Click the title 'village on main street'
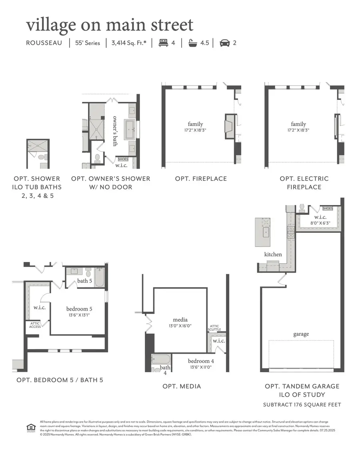[110, 25]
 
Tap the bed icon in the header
[163, 43]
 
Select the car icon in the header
[225, 43]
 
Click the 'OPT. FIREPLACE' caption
[201, 179]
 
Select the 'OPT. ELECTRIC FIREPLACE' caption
[304, 183]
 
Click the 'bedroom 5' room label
[79, 309]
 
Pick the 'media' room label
[180, 320]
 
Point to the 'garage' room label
[300, 334]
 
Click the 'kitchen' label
[273, 254]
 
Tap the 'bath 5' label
[85, 281]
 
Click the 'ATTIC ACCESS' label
[34, 325]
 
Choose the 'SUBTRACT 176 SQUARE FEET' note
[302, 405]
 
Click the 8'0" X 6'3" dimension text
[320, 223]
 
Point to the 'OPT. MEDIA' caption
[182, 386]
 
